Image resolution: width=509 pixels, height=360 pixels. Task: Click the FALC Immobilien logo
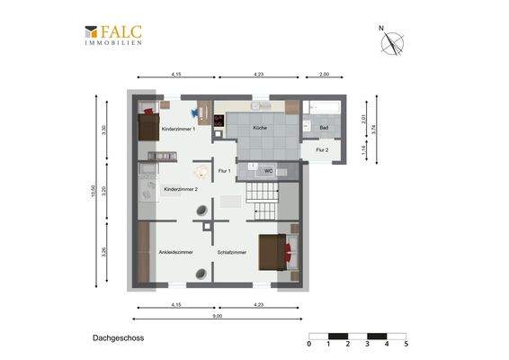coord(113,34)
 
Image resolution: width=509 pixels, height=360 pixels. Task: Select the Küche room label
coord(259,129)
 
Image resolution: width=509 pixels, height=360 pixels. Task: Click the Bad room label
coord(324,129)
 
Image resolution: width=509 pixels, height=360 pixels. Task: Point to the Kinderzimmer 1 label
coord(178,130)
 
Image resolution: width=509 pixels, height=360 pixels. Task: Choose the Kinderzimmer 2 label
coord(180,190)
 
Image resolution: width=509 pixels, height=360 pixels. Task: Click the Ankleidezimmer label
coord(175,253)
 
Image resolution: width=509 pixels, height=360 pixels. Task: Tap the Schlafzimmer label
coord(232,253)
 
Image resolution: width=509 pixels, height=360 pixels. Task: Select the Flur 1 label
coord(225,170)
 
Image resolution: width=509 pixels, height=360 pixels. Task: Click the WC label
coord(268,170)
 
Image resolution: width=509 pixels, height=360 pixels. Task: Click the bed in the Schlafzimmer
coord(275,252)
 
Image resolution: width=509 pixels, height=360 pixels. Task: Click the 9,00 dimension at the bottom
coord(218,316)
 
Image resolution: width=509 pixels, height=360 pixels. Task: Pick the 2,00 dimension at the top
coord(324,75)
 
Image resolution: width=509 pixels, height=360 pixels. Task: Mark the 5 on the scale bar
coord(406,344)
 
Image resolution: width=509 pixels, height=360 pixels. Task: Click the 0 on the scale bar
coord(308,344)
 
